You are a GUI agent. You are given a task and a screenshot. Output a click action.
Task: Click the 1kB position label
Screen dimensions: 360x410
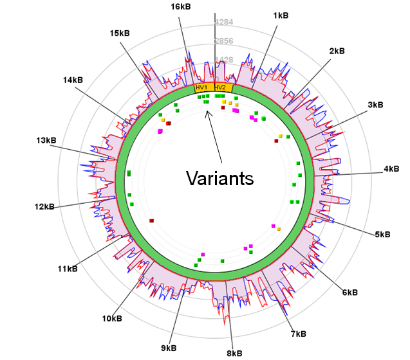[x=281, y=15]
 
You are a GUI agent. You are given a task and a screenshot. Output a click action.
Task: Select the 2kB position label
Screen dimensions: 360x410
[x=337, y=50]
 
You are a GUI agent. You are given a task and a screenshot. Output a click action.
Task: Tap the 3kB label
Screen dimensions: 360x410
[x=375, y=104]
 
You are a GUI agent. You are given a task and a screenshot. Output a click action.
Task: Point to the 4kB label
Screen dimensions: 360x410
[x=391, y=169]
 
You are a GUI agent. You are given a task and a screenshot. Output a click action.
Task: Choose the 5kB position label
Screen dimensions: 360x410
[x=383, y=235]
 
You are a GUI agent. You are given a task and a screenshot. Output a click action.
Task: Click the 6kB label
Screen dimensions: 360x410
[x=349, y=292]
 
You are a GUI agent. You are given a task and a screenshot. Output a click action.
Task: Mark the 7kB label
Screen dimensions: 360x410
[x=298, y=334]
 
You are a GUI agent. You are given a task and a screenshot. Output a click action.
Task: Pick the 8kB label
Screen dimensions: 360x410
[x=234, y=352]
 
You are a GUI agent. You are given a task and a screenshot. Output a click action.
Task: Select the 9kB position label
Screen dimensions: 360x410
[x=169, y=348]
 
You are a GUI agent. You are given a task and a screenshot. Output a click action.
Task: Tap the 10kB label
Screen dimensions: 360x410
[x=112, y=318]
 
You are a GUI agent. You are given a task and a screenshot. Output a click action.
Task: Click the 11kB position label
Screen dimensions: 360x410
[x=67, y=268]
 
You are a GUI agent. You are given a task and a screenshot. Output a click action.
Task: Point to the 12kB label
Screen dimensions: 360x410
[x=45, y=206]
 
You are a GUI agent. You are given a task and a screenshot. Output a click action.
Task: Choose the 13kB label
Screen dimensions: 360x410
[x=47, y=140]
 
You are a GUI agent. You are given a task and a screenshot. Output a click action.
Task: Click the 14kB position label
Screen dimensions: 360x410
[x=73, y=80]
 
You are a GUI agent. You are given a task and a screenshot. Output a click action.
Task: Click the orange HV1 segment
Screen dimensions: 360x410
[x=203, y=87]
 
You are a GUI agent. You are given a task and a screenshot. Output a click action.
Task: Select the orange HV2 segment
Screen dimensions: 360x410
[x=221, y=87]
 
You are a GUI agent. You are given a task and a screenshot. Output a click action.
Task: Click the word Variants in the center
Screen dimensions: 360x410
[x=219, y=178]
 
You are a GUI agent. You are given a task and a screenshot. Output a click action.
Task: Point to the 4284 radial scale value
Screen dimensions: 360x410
[x=224, y=22]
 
